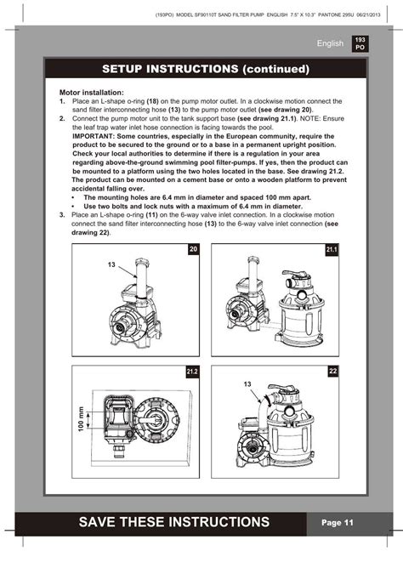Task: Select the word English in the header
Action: (328, 43)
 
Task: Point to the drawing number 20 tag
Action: (193, 249)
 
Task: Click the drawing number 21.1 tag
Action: (332, 249)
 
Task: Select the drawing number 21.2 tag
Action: (193, 372)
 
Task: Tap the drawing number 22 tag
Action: (332, 372)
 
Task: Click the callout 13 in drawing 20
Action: (111, 265)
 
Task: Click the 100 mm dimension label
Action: (82, 418)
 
